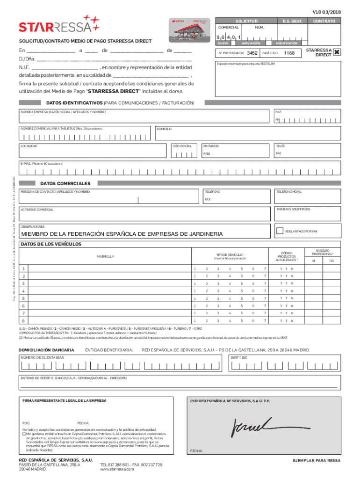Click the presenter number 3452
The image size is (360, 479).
tap(252, 53)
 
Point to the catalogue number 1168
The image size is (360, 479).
tap(289, 53)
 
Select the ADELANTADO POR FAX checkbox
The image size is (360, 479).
tap(280, 231)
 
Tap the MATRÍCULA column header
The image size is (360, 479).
tap(105, 256)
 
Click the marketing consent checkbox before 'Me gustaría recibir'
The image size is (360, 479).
tap(24, 433)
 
